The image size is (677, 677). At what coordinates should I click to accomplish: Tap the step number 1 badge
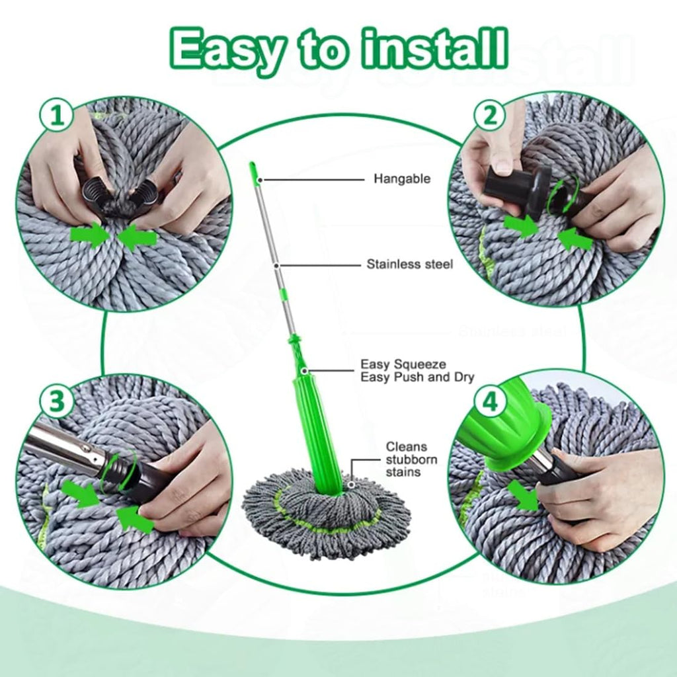pyautogui.click(x=58, y=116)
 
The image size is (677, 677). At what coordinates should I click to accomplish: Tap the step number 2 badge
pyautogui.click(x=490, y=116)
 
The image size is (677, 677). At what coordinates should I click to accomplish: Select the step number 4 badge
pyautogui.click(x=490, y=403)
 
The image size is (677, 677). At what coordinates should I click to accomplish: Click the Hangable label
pyautogui.click(x=401, y=179)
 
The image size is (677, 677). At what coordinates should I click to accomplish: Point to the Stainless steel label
pyautogui.click(x=410, y=264)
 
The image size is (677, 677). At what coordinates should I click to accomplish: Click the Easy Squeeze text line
pyautogui.click(x=403, y=364)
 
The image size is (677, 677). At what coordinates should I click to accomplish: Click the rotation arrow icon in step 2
pyautogui.click(x=565, y=188)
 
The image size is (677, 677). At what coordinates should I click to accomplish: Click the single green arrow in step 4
pyautogui.click(x=526, y=500)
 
